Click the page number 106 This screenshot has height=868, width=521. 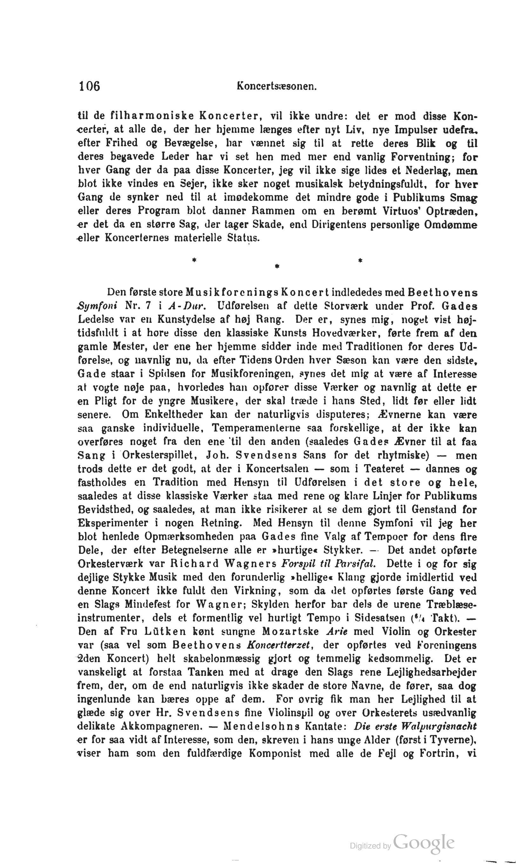coord(89,86)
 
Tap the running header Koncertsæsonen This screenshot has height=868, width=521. coord(277,86)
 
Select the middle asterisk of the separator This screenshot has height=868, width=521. coord(277,267)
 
